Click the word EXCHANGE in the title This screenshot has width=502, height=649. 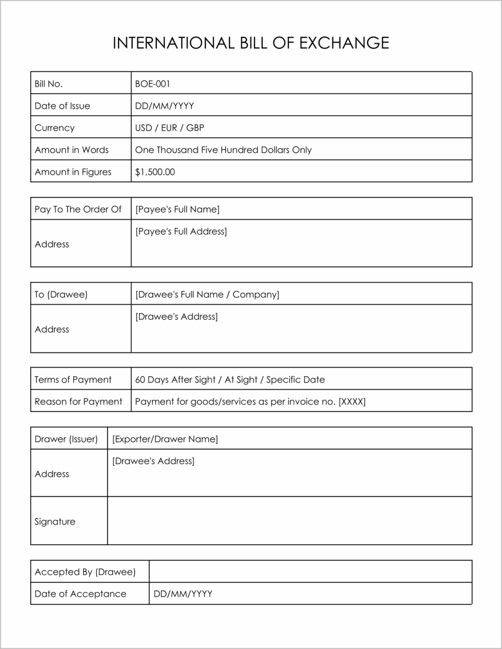(x=344, y=43)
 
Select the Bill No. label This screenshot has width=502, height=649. (x=48, y=84)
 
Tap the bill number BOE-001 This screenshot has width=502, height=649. (x=152, y=84)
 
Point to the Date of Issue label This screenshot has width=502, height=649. (x=62, y=106)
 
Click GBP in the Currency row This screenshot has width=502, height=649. (x=195, y=128)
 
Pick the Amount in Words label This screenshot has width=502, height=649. (x=72, y=150)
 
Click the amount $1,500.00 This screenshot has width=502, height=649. (x=155, y=172)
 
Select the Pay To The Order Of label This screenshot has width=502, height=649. (x=78, y=209)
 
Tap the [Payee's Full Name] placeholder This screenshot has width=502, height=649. (x=177, y=209)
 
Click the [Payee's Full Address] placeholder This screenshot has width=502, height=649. (x=181, y=231)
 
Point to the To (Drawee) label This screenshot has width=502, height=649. (x=61, y=294)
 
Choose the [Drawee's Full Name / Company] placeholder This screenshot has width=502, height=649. (x=207, y=294)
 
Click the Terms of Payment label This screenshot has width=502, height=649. (x=73, y=380)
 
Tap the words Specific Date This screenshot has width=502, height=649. (x=296, y=380)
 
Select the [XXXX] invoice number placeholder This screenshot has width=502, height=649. (x=352, y=402)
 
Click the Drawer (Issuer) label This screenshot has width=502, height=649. (x=66, y=439)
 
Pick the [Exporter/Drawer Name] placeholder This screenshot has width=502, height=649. (x=165, y=439)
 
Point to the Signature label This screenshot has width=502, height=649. (x=55, y=522)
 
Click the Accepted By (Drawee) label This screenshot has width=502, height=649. (x=85, y=572)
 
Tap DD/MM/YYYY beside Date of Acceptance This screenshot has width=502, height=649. (x=183, y=594)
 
